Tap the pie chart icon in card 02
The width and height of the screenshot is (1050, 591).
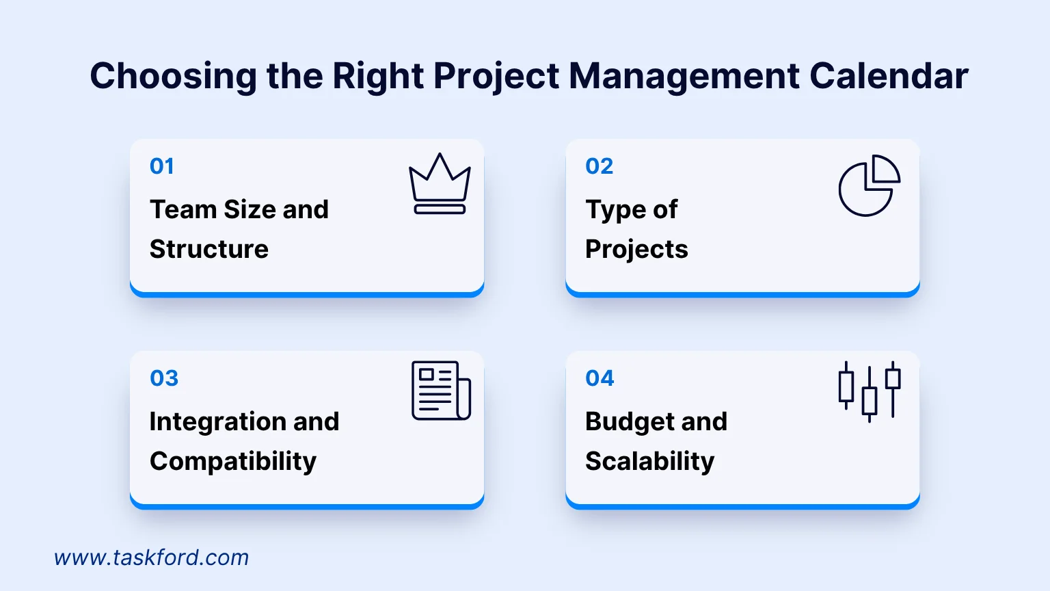tap(869, 185)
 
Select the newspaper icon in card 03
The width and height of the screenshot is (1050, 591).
tap(441, 391)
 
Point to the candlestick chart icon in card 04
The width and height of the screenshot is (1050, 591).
tap(869, 391)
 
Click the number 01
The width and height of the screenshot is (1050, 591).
tap(162, 166)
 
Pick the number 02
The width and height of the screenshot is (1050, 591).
tap(599, 166)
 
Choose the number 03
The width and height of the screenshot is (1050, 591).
tap(164, 378)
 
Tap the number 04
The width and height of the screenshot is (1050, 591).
tap(600, 378)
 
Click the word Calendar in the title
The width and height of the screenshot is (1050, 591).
tap(889, 75)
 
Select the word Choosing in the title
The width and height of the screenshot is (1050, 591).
tap(173, 75)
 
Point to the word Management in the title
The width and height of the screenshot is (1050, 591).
tap(684, 75)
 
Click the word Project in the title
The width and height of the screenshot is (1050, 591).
tap(496, 75)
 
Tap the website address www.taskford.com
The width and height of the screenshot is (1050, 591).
tap(151, 557)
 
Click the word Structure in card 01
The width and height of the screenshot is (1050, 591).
tap(209, 249)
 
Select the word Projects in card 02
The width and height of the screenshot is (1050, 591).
tap(636, 250)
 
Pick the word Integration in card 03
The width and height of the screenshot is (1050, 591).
tap(217, 422)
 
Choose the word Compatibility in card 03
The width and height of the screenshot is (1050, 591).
tap(233, 462)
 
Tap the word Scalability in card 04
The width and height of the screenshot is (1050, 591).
tap(649, 462)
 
